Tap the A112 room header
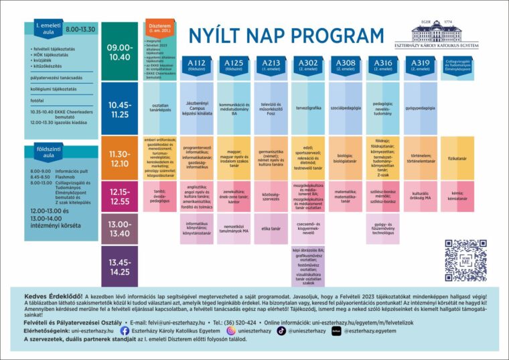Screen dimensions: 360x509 [x=196, y=65]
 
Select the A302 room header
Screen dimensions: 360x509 [x=308, y=65]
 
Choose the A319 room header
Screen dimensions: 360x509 [x=420, y=65]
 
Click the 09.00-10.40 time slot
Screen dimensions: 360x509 [x=121, y=52]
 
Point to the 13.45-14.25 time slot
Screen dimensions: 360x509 [x=121, y=267]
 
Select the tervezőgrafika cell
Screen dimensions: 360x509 [x=308, y=107]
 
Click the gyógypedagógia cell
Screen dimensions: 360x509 [x=420, y=107]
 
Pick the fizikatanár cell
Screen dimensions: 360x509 [x=457, y=159]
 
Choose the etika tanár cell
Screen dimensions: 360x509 [x=271, y=229]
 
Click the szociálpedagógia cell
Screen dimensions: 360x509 [x=346, y=107]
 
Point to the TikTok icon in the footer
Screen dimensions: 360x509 [x=281, y=331]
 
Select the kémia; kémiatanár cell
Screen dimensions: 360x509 [x=457, y=193]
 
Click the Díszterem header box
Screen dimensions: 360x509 [x=159, y=28]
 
